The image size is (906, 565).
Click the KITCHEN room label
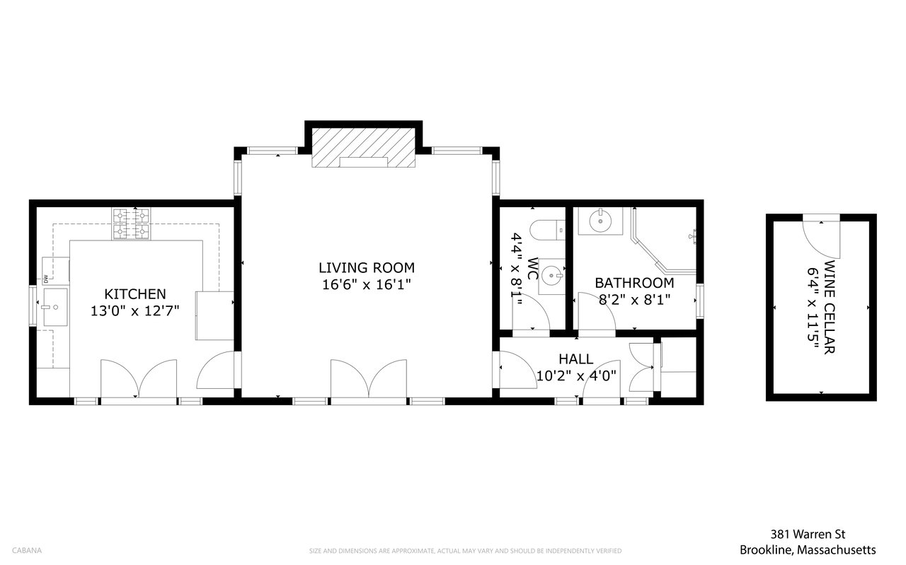(x=135, y=294)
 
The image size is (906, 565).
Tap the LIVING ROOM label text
(x=367, y=267)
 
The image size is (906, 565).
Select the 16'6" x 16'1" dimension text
(x=367, y=284)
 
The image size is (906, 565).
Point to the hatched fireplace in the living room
(x=363, y=148)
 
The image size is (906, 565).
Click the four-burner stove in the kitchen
(x=131, y=224)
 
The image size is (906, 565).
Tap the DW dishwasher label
(x=45, y=279)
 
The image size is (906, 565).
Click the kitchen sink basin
(x=55, y=307)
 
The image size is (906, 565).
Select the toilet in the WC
(x=547, y=230)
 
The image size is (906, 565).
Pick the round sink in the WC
(x=551, y=276)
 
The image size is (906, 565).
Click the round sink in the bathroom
(x=600, y=221)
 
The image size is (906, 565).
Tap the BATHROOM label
(x=634, y=283)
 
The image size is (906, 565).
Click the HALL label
(x=576, y=359)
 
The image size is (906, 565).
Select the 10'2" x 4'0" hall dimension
(x=576, y=376)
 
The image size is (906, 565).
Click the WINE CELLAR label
(x=830, y=307)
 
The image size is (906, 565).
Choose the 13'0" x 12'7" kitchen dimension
(x=134, y=311)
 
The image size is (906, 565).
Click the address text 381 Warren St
(x=808, y=535)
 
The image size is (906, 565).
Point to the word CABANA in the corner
(x=27, y=550)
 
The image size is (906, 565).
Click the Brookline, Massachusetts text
(x=808, y=550)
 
